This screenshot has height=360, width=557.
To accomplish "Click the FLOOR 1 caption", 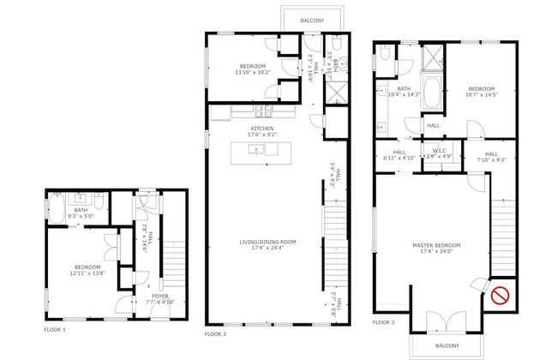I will click(55, 329).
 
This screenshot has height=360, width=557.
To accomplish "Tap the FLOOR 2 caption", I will click(215, 333).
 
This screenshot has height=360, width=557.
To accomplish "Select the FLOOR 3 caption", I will click(384, 323).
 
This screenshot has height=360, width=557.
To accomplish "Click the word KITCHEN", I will click(262, 128).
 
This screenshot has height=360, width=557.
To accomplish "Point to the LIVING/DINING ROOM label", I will click(267, 243).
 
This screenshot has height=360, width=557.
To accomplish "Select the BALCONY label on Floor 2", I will click(311, 20).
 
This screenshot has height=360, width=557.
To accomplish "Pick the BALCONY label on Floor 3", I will click(446, 345).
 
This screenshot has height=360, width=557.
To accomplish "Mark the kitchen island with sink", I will click(255, 150).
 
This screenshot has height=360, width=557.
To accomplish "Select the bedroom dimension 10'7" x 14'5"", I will click(481, 94).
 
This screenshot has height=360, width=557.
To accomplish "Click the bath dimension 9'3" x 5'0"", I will click(81, 215).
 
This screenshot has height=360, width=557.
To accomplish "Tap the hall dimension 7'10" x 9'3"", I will click(491, 159).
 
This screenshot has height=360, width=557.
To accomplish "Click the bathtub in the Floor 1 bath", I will click(57, 210).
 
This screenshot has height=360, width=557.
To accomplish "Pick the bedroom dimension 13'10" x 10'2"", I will click(253, 72).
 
